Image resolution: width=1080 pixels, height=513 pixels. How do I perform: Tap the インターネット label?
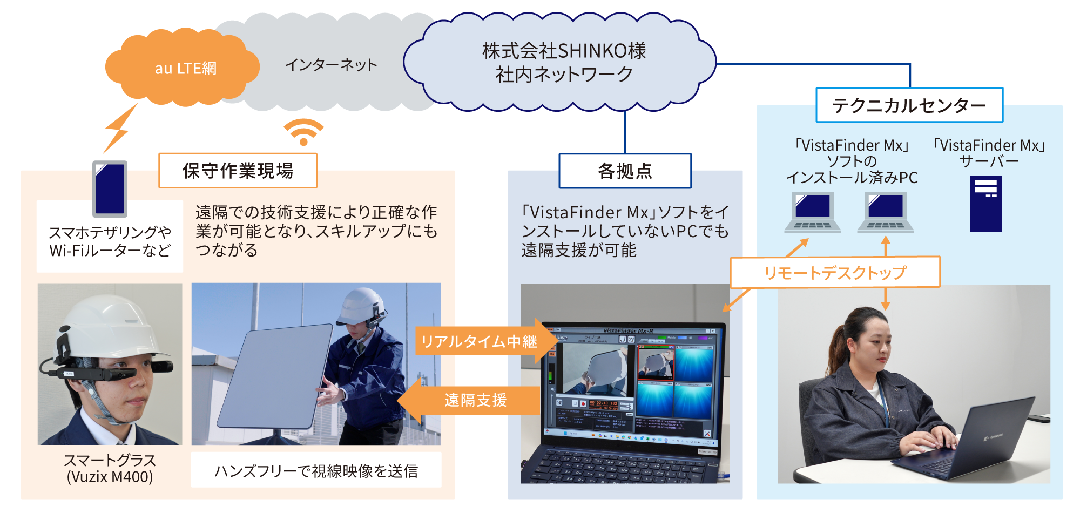(331, 65)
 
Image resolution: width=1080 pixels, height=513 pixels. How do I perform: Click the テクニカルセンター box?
(909, 105)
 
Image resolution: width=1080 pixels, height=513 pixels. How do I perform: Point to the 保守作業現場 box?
(238, 171)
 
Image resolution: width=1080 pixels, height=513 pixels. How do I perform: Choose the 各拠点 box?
(625, 171)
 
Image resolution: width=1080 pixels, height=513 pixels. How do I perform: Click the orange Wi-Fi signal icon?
(303, 132)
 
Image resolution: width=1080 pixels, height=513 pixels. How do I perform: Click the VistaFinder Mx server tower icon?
(986, 204)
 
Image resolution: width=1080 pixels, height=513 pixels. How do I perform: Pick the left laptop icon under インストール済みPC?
(813, 212)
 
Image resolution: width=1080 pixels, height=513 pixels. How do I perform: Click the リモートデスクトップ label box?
(835, 272)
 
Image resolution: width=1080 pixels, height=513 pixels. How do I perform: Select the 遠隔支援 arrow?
(470, 400)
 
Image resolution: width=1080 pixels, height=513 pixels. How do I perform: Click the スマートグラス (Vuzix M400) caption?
(110, 468)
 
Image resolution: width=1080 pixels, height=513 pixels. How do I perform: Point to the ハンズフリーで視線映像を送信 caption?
(316, 470)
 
